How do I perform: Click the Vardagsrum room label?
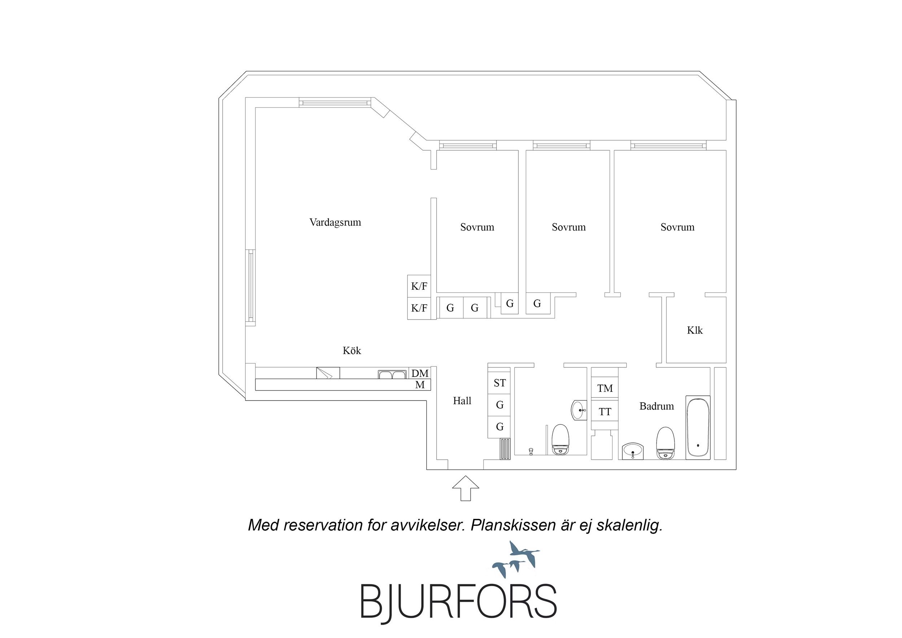[335, 223]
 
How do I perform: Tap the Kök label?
[352, 351]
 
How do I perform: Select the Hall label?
[462, 401]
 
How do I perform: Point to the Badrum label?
[657, 406]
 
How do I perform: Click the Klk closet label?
[694, 330]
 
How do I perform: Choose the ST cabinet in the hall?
[500, 383]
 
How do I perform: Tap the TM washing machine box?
[605, 389]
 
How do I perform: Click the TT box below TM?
[605, 411]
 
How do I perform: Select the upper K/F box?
[419, 286]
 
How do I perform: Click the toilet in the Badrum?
[666, 443]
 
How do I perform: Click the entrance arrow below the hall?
[466, 488]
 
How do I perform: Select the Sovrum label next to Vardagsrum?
[477, 227]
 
